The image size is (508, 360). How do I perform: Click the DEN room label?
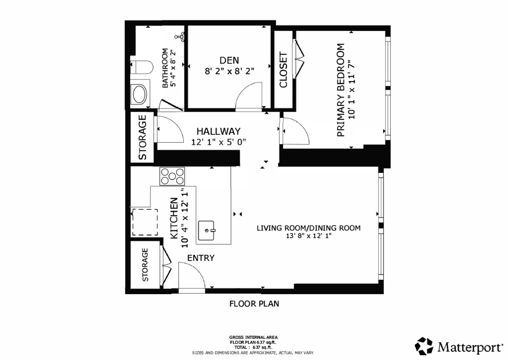(229, 60)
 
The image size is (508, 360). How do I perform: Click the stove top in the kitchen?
(172, 176)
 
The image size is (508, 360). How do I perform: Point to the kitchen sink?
(207, 230)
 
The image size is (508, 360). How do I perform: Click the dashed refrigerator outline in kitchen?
(145, 222)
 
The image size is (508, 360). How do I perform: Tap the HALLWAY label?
(218, 131)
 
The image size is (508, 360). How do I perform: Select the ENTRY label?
(201, 258)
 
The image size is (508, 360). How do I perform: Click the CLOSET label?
(283, 70)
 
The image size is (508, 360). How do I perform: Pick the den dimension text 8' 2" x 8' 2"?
(229, 71)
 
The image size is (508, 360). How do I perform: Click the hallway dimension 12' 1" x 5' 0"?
(218, 142)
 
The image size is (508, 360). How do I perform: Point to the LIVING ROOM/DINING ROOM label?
(308, 228)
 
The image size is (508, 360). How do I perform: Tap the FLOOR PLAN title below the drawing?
(254, 304)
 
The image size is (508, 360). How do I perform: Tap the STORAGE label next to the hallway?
(142, 137)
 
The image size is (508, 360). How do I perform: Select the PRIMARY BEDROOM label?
(340, 90)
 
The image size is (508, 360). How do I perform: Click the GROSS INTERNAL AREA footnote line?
(253, 337)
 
